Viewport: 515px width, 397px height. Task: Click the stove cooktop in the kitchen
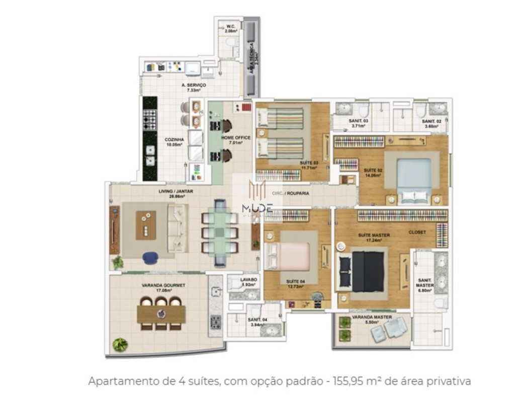pos(150,119)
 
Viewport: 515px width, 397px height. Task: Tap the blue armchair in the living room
pos(150,258)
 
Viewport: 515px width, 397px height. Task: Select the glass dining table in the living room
pos(219,232)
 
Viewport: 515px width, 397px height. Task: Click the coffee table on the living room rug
pos(145,225)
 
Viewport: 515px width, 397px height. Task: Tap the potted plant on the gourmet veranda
pos(120,345)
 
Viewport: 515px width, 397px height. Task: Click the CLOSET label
pos(417,232)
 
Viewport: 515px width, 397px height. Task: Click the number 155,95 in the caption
pos(348,381)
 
